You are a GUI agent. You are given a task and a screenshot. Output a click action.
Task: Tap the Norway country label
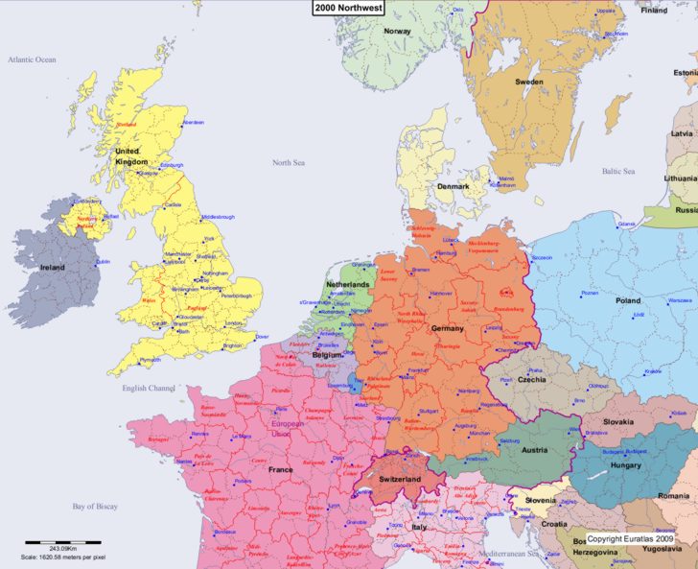pos(397,31)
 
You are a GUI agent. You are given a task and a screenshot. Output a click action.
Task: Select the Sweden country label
pos(529,82)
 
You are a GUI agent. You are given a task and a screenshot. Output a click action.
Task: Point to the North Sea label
pos(288,163)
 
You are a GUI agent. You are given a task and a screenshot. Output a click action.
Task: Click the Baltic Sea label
pos(618,172)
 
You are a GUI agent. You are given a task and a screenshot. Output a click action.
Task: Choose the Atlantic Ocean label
pos(33,59)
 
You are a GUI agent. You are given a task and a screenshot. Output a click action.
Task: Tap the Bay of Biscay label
pos(95,506)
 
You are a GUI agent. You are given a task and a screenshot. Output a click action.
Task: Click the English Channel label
pos(149,389)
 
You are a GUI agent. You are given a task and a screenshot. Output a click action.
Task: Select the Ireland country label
pos(53,268)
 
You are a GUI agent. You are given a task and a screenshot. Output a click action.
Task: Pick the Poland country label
pos(628,300)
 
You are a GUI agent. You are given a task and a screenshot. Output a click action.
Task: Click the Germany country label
pos(447,328)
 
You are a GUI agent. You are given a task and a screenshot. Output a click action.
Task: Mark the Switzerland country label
pos(400,479)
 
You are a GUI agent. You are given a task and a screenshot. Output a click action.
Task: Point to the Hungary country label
pos(625,465)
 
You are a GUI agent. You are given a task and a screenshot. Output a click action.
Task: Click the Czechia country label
pos(531,379)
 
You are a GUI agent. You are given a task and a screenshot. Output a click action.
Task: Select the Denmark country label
pos(453,186)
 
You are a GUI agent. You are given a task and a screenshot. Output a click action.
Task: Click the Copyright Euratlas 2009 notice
pos(638,539)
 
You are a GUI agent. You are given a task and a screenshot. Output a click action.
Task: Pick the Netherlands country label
pos(347,285)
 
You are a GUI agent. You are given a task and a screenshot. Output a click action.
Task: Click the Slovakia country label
pos(618,422)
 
